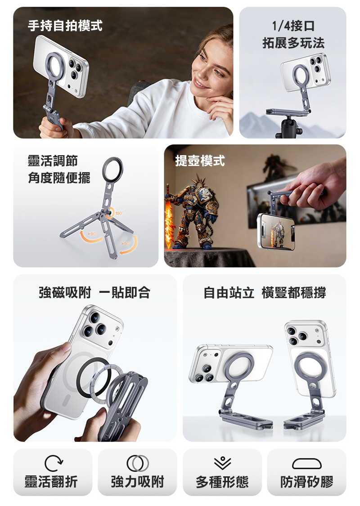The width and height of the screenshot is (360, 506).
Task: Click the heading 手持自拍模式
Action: (x=65, y=26)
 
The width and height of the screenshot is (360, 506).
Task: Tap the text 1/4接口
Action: (x=293, y=26)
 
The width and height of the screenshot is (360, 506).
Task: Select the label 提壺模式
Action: (x=200, y=161)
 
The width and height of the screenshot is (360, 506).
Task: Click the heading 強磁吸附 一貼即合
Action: (x=94, y=292)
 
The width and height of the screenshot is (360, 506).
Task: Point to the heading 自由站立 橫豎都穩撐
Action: (x=265, y=292)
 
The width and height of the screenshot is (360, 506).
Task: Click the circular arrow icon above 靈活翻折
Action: (x=54, y=463)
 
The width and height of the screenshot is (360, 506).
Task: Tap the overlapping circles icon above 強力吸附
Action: (x=138, y=463)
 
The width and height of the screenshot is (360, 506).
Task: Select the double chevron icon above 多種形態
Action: (x=222, y=463)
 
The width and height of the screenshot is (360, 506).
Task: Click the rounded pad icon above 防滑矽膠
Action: (x=307, y=464)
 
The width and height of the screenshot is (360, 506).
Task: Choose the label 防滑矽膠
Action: (x=307, y=482)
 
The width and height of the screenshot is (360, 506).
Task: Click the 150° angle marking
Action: (x=119, y=213)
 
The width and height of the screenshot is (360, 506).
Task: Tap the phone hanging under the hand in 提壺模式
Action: (x=276, y=232)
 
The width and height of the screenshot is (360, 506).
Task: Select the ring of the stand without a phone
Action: (x=112, y=169)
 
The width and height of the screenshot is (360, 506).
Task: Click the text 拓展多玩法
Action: (x=293, y=43)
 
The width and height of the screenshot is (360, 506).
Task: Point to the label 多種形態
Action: (x=222, y=482)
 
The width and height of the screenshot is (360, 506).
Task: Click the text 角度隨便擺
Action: (x=59, y=178)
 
